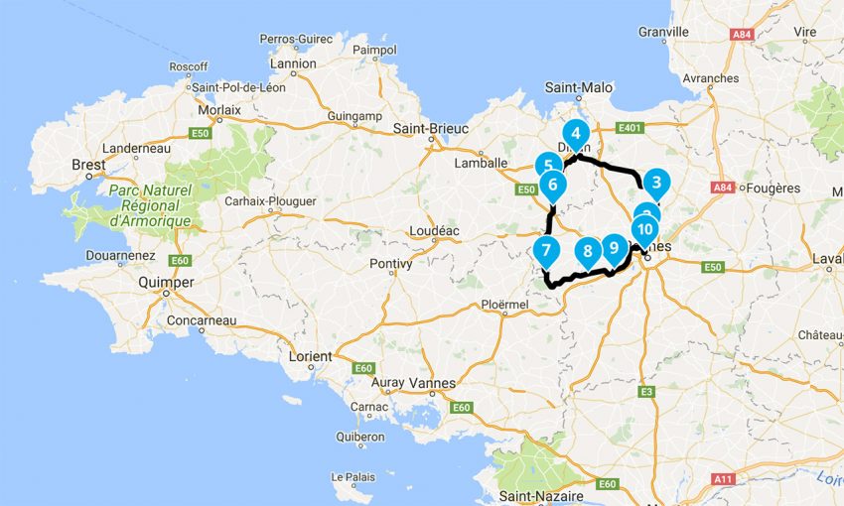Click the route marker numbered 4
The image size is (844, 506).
(575, 134)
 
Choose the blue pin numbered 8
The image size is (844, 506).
(587, 251)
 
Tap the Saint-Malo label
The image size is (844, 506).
(579, 87)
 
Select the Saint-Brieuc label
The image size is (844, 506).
(430, 128)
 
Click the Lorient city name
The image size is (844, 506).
(311, 356)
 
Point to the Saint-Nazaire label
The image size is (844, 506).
(541, 495)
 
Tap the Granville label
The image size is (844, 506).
(664, 32)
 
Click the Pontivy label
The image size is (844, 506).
(390, 263)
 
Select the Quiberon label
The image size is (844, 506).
(360, 437)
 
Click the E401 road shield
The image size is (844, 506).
(631, 128)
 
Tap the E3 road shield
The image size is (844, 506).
(646, 392)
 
